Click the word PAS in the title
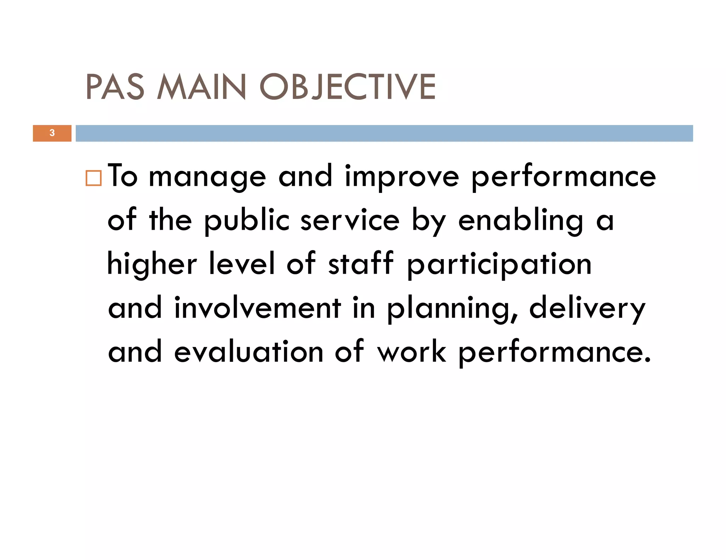coord(115,87)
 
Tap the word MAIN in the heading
coord(201,87)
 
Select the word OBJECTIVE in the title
coord(347,87)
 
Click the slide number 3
coord(52,133)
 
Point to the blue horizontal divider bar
coord(384,133)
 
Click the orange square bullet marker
coord(94,178)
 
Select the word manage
coord(207,177)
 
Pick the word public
coord(247,221)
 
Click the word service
coord(350,221)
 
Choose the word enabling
coord(520,221)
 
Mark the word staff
coord(361,264)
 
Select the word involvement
coord(258,308)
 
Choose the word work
coord(411,352)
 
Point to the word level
coord(242,264)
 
